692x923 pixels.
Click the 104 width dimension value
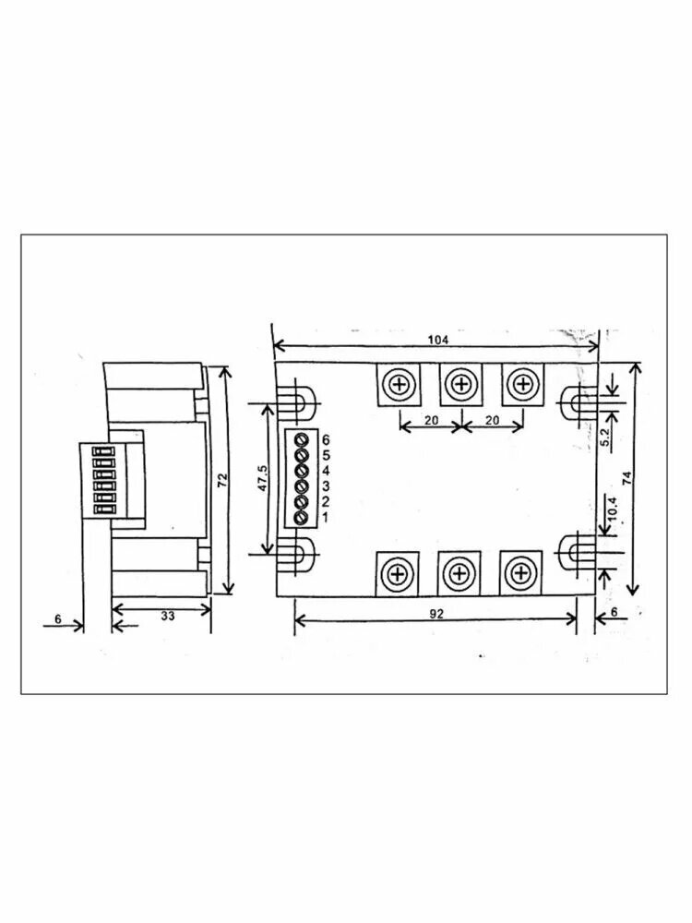(x=437, y=340)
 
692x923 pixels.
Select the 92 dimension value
(x=436, y=614)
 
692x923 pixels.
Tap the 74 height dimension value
(x=627, y=477)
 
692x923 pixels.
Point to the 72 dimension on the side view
(x=222, y=480)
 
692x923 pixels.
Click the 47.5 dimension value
(x=262, y=478)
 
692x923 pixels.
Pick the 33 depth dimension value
(x=168, y=616)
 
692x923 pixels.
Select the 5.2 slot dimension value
(x=607, y=437)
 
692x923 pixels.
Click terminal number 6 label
(x=326, y=439)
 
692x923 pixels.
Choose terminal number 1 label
(x=326, y=518)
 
